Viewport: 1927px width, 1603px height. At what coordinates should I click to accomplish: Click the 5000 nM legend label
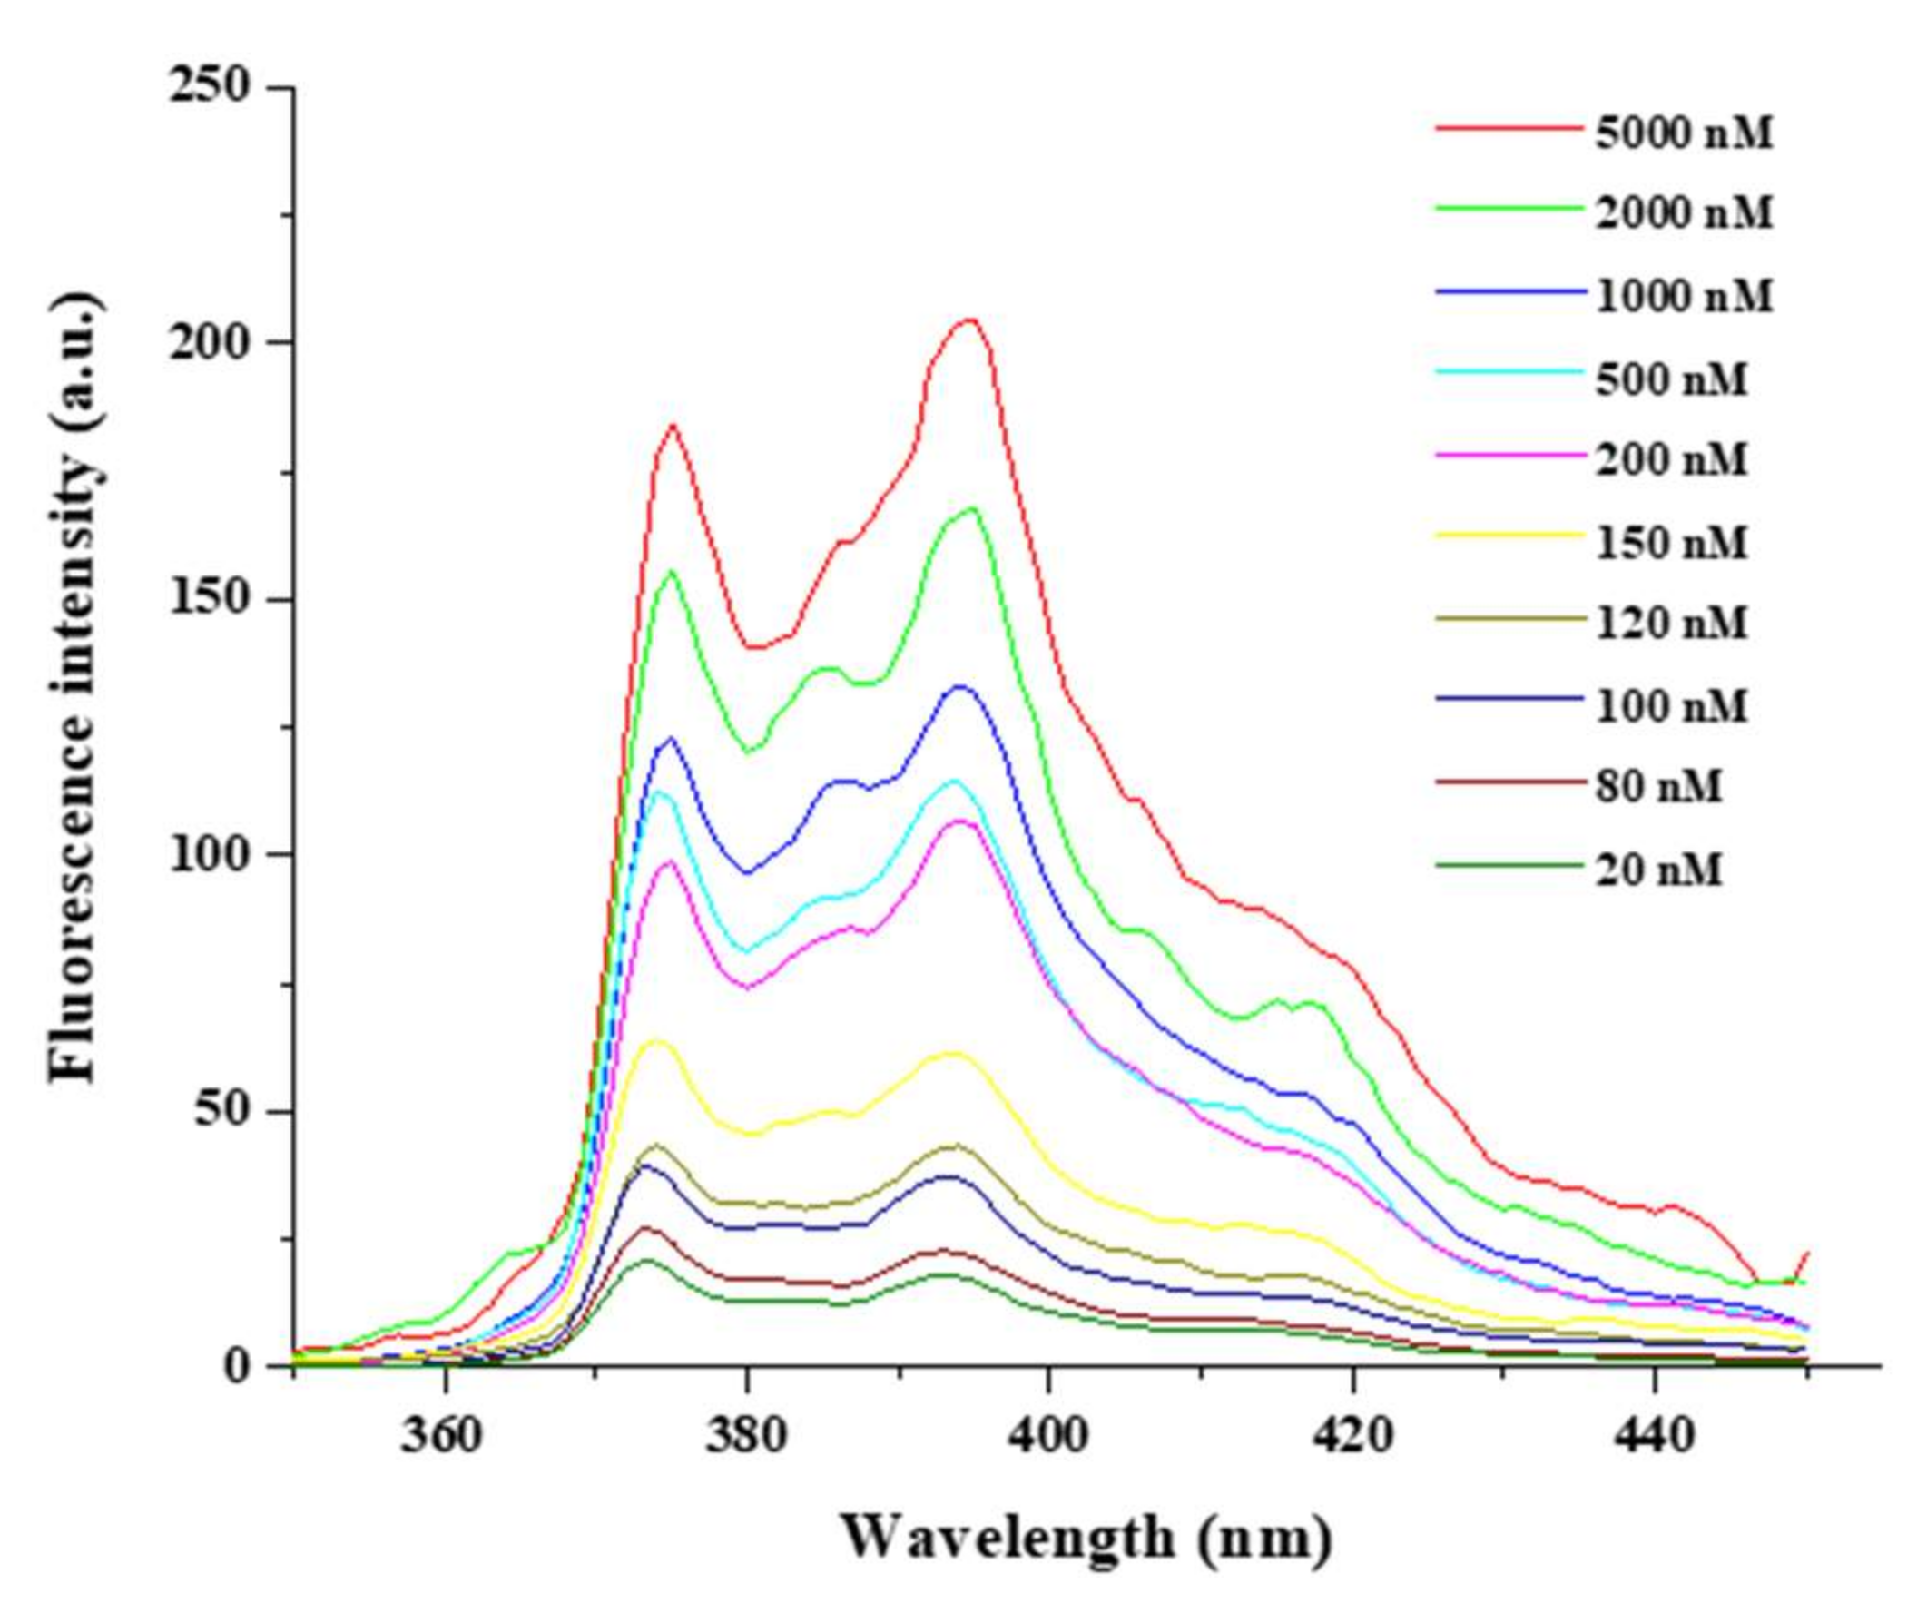1684,134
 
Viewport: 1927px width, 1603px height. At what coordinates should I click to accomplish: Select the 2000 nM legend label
1684,214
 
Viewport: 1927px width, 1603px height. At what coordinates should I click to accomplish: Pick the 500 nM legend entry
1672,379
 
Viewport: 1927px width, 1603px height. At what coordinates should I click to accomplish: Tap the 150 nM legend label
1672,542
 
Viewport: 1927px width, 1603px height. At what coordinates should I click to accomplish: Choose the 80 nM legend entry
1659,786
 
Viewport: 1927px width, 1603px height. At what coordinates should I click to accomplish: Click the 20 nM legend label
1659,869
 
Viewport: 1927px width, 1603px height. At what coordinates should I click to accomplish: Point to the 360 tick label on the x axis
444,1433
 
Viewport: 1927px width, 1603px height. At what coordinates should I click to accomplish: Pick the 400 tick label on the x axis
1048,1433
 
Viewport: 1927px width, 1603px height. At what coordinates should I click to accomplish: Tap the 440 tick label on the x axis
1654,1433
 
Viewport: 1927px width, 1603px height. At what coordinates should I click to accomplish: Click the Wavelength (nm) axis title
1086,1537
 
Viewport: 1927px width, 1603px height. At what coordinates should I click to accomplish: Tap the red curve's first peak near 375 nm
673,424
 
